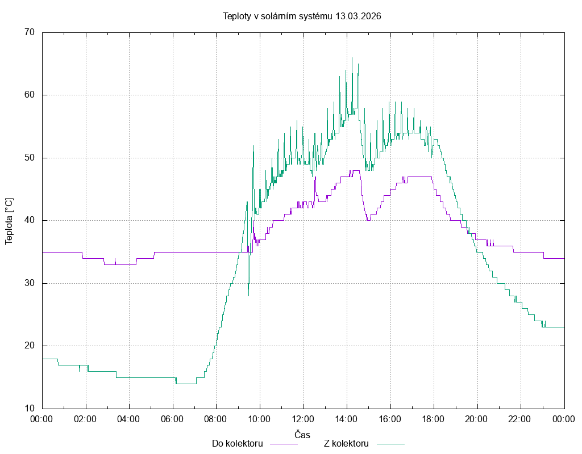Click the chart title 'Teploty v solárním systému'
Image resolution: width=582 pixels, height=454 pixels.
coord(278,16)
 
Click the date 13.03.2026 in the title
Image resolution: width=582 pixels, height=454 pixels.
coord(358,16)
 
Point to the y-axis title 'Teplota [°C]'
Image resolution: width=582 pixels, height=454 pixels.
coord(9,221)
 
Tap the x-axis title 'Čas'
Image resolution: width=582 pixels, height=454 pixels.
coord(302,435)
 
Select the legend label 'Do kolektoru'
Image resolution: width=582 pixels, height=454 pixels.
coord(237,444)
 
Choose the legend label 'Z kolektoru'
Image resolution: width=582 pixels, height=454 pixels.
coord(347,444)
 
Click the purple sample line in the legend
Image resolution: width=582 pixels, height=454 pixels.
coord(283,444)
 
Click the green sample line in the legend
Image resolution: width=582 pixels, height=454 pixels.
coord(390,444)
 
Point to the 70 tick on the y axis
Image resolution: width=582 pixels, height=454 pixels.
coord(30,32)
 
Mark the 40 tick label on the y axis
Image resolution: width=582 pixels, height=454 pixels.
coord(30,220)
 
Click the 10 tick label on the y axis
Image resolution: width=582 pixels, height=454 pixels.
coord(30,409)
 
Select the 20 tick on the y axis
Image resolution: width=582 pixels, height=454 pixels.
coord(30,346)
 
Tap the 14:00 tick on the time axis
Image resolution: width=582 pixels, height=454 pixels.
coord(346,419)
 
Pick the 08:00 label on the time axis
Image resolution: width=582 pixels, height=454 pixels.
coord(216,419)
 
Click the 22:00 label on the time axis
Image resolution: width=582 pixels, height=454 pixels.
coord(520,419)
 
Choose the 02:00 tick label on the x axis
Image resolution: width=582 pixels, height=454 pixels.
coord(86,419)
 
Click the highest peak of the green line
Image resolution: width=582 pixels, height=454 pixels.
coord(352,58)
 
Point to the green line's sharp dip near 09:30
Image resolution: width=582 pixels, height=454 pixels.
coord(248,295)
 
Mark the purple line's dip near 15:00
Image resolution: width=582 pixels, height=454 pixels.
coord(368,220)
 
